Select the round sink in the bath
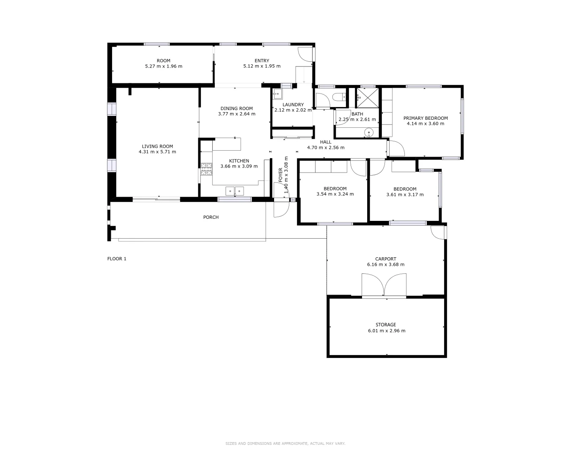369,132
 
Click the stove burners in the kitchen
206,169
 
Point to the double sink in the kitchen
235,191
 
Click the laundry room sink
277,94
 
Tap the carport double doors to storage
384,285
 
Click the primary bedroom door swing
396,148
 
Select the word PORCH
211,217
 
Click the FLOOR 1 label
117,259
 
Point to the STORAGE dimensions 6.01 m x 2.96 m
386,331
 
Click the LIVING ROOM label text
157,146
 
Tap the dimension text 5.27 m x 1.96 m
163,66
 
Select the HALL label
325,142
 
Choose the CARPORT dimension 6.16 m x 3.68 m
385,264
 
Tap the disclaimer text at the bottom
285,443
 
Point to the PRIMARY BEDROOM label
425,118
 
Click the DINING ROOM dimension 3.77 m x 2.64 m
236,114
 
